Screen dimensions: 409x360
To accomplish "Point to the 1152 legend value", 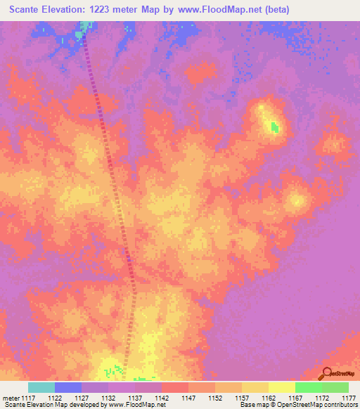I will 214,398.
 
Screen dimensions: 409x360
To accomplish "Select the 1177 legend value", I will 349,398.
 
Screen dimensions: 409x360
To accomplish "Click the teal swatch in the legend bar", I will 41,387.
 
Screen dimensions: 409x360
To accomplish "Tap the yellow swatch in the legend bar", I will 281,387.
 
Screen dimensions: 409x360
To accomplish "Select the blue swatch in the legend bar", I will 68,387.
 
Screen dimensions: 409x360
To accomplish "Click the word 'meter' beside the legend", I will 9,398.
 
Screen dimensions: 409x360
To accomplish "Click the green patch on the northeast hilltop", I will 274,128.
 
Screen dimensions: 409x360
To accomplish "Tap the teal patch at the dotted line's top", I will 85,27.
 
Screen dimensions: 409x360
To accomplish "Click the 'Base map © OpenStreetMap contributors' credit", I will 297,405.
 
